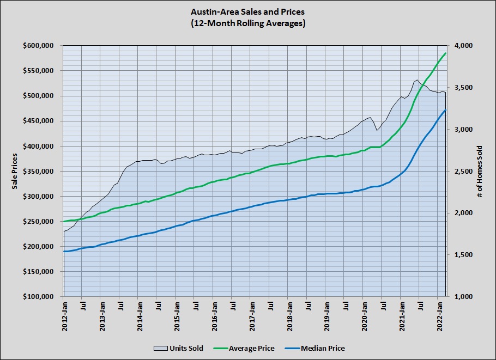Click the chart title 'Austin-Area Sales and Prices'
(x=247, y=11)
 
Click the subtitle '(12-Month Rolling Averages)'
(x=247, y=23)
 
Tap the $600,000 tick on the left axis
(x=41, y=46)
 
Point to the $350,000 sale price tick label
(x=41, y=171)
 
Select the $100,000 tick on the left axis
(x=41, y=297)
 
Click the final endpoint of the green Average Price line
(x=446, y=53)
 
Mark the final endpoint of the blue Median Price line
(x=446, y=110)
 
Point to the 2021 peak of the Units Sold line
(x=417, y=80)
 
